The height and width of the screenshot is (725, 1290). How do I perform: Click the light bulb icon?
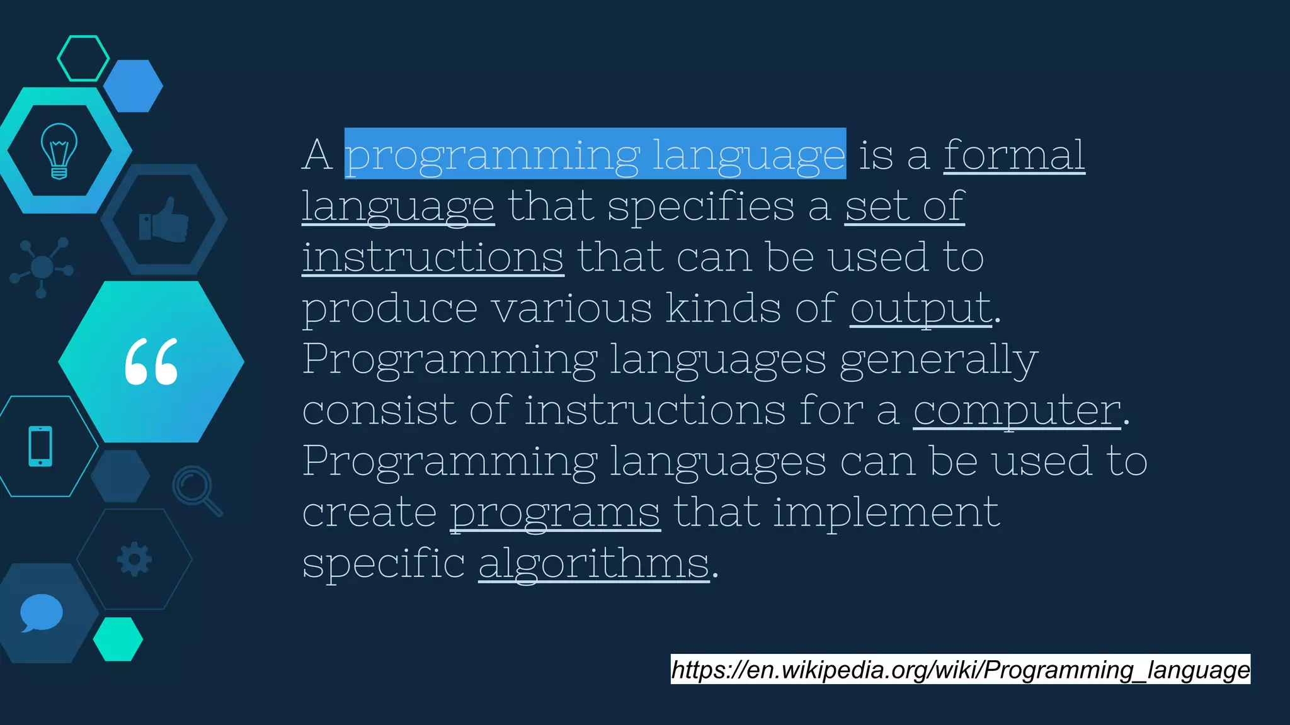(x=59, y=151)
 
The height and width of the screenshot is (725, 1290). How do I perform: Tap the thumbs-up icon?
(x=164, y=220)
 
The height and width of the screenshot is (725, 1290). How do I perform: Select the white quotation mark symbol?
(x=151, y=361)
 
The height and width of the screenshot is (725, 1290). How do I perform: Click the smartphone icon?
(x=40, y=446)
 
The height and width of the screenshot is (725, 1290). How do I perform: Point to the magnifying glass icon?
(x=195, y=490)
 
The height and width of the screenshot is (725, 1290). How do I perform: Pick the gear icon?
(x=134, y=559)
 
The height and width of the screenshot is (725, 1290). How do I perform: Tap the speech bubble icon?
(x=41, y=612)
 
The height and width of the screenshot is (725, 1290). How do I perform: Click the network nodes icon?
(x=42, y=267)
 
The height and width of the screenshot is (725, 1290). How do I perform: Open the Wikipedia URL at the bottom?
(x=960, y=669)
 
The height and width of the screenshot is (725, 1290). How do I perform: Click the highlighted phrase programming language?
(x=595, y=154)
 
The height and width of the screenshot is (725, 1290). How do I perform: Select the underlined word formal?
(x=1013, y=154)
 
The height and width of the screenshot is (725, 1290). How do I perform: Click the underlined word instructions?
(x=432, y=257)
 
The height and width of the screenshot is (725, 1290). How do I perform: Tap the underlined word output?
(x=921, y=308)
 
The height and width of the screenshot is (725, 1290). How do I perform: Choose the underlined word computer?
(x=1017, y=410)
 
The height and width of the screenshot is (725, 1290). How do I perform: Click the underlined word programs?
(x=555, y=512)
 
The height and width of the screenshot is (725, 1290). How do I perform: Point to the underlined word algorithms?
(x=594, y=563)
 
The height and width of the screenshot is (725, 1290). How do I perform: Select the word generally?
(x=939, y=359)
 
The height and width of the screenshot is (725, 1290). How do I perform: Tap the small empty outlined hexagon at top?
(x=83, y=58)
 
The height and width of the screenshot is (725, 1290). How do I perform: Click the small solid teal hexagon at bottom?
(x=118, y=639)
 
